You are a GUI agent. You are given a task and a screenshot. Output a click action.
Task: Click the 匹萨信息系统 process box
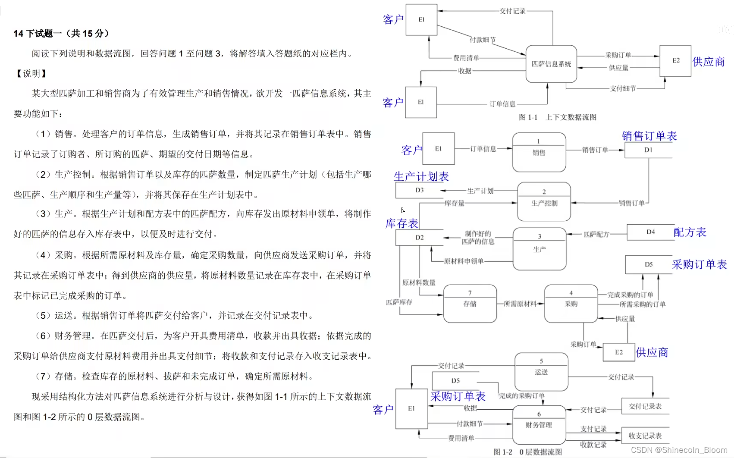click(x=551, y=64)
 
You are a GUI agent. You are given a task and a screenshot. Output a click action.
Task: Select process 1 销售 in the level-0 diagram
click(x=539, y=152)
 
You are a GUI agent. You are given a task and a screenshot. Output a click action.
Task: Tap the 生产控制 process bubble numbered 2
click(x=544, y=201)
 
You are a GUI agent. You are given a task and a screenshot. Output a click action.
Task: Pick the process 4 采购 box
click(x=571, y=303)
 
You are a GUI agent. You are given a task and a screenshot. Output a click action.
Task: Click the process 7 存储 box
click(x=470, y=303)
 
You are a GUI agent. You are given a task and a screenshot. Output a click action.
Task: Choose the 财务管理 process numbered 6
click(x=539, y=424)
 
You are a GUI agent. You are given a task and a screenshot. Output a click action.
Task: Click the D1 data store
click(x=648, y=150)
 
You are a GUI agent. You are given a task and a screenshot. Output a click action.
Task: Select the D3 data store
click(x=420, y=190)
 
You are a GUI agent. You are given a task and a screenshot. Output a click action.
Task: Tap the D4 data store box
click(x=650, y=232)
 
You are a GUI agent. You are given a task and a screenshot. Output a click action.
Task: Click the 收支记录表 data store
click(x=645, y=436)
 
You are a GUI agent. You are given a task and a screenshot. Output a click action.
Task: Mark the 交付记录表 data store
click(x=645, y=406)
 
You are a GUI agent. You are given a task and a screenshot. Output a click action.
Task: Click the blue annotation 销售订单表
click(x=649, y=136)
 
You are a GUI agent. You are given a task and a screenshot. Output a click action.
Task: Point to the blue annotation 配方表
click(x=690, y=232)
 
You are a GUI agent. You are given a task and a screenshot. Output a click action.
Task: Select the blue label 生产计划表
click(x=421, y=176)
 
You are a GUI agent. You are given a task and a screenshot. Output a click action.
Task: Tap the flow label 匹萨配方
click(x=596, y=234)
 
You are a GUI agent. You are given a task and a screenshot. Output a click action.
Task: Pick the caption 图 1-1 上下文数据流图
click(x=557, y=117)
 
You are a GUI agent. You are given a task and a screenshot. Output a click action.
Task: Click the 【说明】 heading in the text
click(x=31, y=73)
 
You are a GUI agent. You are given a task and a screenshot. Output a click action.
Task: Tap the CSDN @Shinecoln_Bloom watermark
click(x=679, y=450)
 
